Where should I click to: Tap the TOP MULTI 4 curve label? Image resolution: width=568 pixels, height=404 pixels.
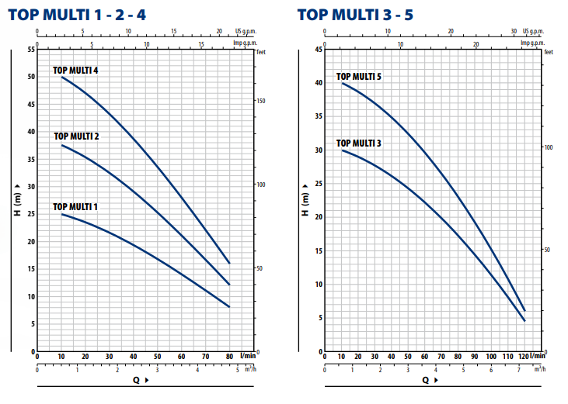tap(75, 71)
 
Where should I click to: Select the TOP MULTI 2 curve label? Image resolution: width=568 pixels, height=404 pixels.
tap(76, 136)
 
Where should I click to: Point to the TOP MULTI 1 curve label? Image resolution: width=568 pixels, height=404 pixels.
tap(75, 207)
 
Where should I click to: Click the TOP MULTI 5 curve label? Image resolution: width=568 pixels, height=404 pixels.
tap(358, 77)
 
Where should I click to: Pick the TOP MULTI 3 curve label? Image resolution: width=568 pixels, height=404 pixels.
tap(358, 143)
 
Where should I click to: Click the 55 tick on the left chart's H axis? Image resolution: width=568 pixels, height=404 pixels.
tap(31, 50)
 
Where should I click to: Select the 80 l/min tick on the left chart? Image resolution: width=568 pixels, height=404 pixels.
tap(229, 357)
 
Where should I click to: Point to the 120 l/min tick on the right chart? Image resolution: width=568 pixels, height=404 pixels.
tap(522, 357)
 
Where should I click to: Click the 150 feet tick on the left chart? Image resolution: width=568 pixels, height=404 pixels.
tap(261, 101)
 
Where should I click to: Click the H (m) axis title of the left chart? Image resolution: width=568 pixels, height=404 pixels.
tap(17, 199)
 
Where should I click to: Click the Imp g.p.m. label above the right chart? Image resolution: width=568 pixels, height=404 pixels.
tap(530, 43)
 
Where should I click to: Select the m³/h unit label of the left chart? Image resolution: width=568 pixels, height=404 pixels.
tap(249, 370)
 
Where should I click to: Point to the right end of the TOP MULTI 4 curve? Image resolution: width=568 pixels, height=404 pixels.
tap(229, 263)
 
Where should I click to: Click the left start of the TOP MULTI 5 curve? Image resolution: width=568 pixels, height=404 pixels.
tap(342, 83)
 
